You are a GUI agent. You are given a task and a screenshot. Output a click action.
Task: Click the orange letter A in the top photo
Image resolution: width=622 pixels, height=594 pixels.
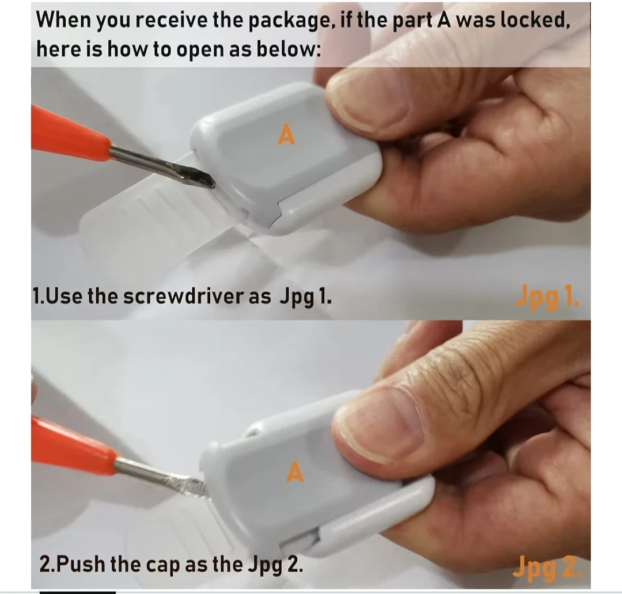[286, 134]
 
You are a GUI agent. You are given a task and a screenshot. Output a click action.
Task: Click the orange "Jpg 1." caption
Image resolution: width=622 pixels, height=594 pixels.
[547, 297]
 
